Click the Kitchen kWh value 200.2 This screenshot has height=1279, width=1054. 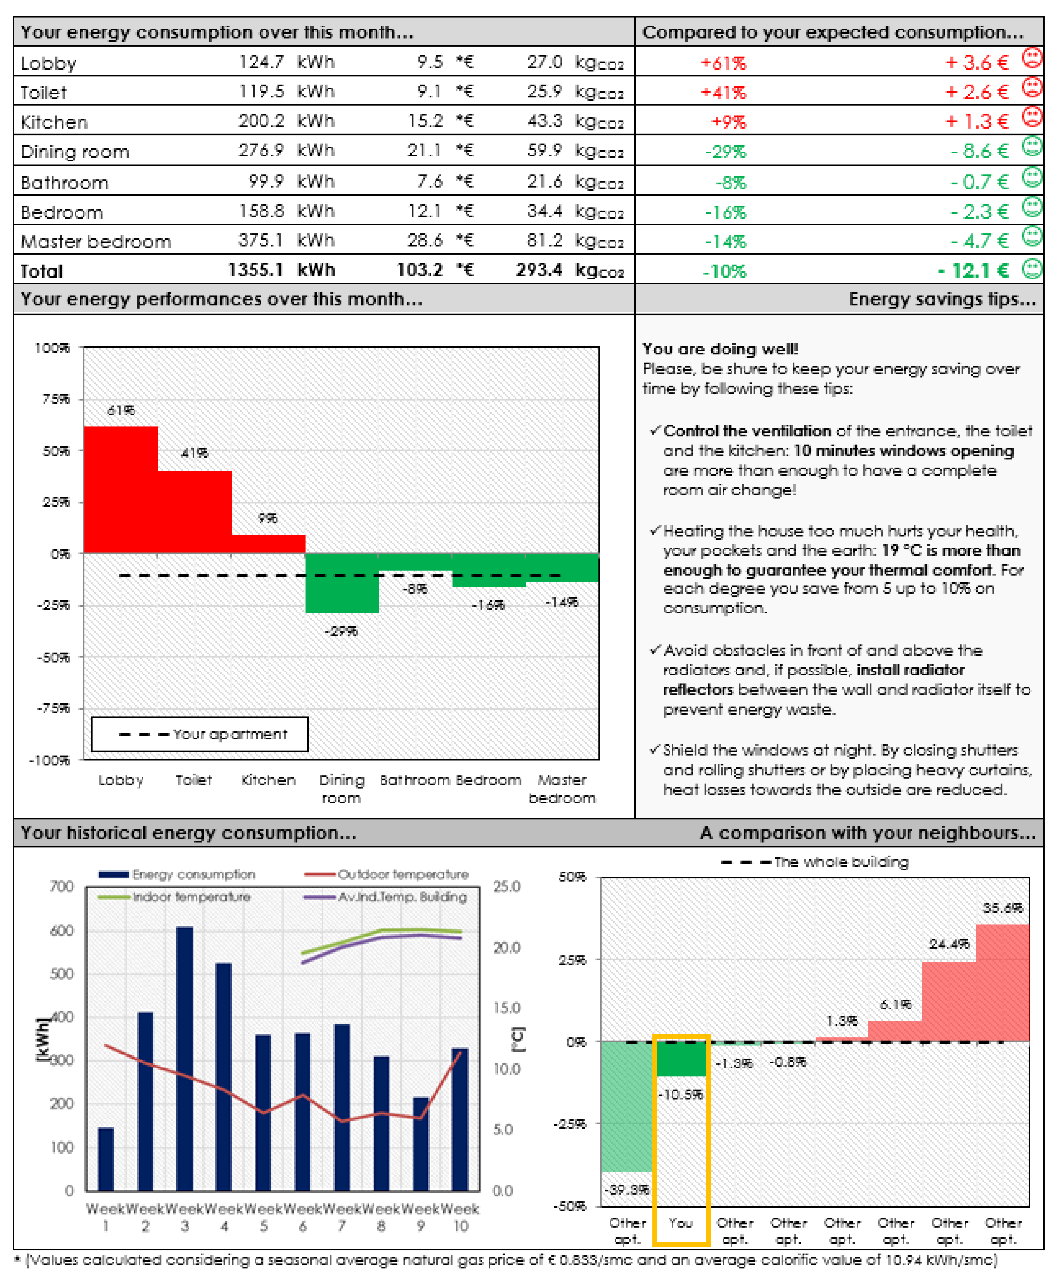click(261, 121)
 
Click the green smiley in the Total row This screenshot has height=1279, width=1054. click(1032, 268)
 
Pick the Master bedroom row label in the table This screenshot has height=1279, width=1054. click(96, 242)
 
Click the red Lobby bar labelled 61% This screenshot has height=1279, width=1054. click(121, 490)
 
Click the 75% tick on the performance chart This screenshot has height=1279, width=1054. click(56, 399)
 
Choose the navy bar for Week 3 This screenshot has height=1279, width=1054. click(185, 1057)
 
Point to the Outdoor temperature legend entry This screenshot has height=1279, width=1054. click(387, 874)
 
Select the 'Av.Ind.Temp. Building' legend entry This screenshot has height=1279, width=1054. click(386, 897)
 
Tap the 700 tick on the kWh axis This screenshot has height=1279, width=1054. click(61, 886)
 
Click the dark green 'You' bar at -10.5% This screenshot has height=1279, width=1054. click(681, 1059)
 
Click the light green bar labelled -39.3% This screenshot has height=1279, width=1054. click(627, 1106)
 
